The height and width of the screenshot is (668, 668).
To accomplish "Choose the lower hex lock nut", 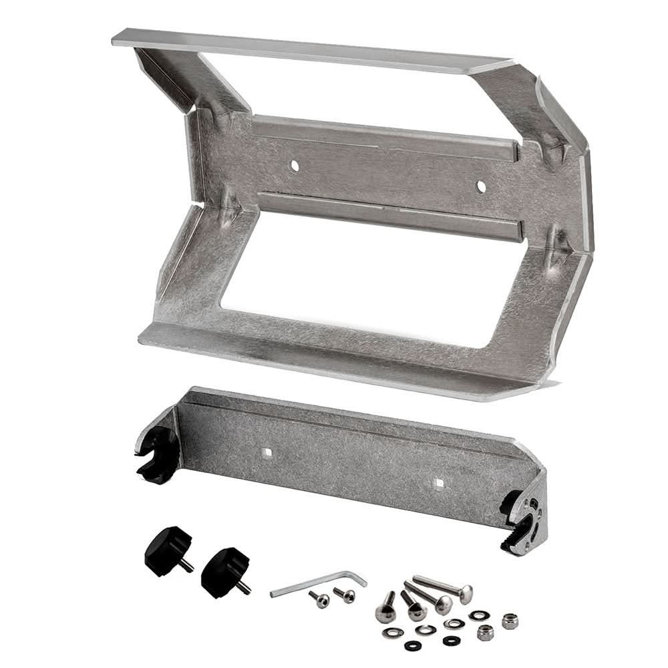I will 486,632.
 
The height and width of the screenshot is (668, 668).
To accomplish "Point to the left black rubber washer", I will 413,645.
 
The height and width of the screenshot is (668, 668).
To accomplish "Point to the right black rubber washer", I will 452,640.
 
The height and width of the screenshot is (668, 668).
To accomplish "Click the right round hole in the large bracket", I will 480,186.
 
